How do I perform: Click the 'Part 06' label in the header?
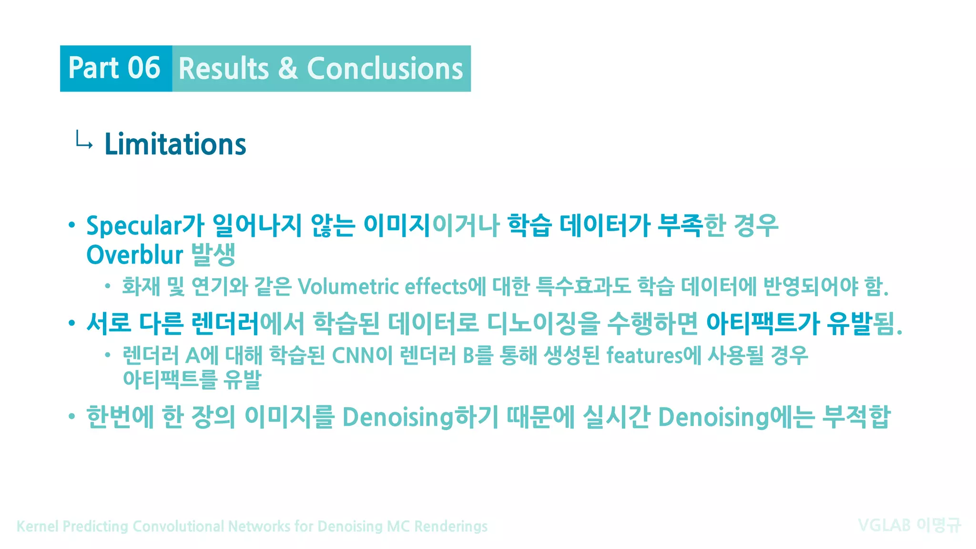click(114, 68)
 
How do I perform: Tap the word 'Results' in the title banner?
click(224, 69)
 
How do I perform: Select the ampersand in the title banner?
click(288, 69)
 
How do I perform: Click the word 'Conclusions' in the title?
click(385, 69)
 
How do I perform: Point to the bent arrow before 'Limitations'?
click(84, 141)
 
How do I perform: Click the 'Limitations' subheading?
click(175, 144)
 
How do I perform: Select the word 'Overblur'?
click(134, 254)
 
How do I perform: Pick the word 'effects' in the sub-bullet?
click(436, 286)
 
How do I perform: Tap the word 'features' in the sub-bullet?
click(644, 356)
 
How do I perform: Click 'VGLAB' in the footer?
click(884, 525)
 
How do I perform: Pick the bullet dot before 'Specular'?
click(72, 225)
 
